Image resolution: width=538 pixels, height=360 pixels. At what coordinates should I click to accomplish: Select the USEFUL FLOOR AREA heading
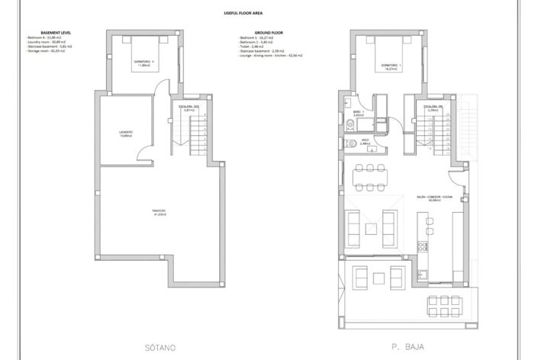(269, 14)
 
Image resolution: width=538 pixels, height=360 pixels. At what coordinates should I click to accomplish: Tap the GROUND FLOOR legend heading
(269, 34)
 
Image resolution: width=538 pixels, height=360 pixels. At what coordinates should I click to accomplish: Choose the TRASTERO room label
(158, 211)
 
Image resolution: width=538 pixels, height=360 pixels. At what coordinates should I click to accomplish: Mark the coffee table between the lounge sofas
(372, 227)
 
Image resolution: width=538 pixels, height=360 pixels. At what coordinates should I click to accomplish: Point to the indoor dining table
(369, 177)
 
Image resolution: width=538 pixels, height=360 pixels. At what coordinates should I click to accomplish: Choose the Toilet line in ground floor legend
(256, 47)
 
